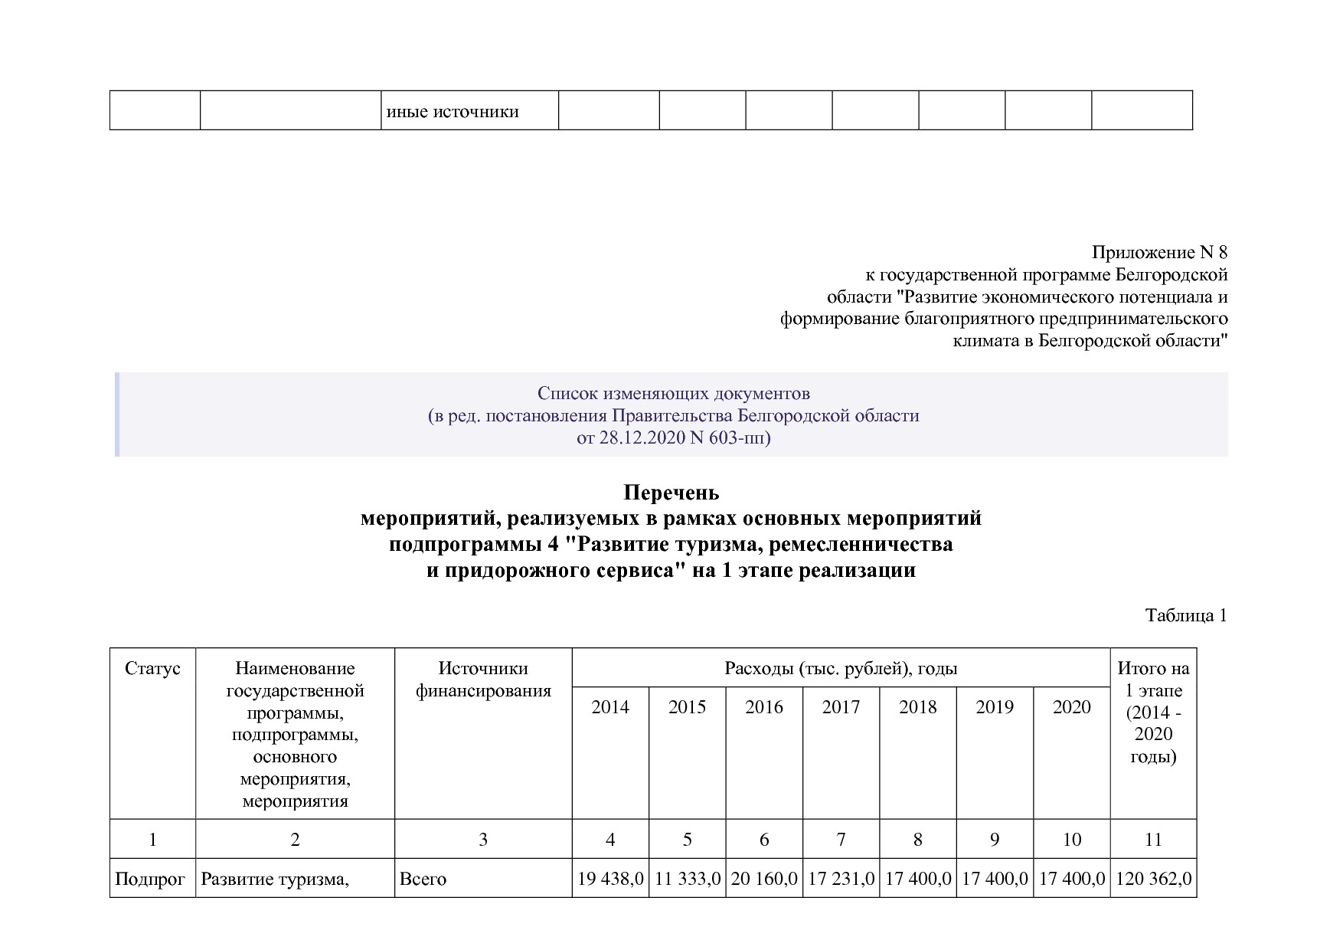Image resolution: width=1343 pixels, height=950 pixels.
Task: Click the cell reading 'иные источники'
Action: (x=453, y=112)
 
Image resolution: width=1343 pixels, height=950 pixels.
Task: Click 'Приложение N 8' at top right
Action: (x=1159, y=252)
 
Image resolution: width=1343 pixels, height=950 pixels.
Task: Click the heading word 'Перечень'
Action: (x=671, y=492)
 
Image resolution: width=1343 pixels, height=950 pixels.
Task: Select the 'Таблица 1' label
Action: (x=1186, y=615)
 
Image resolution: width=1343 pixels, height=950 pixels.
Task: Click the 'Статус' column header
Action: (x=152, y=668)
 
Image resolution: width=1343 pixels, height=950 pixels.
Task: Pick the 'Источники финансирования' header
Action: (x=483, y=680)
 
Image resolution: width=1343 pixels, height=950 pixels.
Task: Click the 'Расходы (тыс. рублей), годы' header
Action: (x=841, y=668)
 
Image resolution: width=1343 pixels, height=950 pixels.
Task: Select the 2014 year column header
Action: (x=610, y=707)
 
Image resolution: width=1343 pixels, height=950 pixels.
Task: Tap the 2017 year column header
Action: (x=841, y=707)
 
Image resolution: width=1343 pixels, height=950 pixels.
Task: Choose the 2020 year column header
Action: (x=1071, y=707)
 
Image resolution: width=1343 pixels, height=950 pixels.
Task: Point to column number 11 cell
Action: (x=1153, y=840)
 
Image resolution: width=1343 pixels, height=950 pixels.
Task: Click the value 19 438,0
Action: (x=610, y=879)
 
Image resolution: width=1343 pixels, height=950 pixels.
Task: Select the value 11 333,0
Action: (x=688, y=879)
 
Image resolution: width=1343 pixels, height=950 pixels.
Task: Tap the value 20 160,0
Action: (x=764, y=879)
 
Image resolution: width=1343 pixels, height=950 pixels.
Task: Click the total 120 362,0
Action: (x=1153, y=879)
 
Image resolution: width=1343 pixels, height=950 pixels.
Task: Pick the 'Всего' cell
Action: (x=423, y=879)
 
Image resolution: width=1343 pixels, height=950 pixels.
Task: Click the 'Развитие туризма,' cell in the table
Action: (x=275, y=879)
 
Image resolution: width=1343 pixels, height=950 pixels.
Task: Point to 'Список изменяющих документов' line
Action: (x=673, y=394)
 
